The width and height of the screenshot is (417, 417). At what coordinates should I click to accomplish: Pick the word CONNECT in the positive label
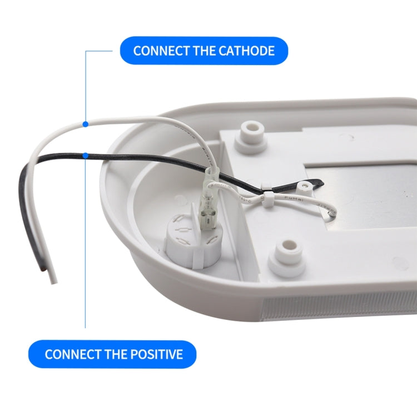click(73, 354)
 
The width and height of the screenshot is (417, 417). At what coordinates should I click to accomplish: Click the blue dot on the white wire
click(85, 123)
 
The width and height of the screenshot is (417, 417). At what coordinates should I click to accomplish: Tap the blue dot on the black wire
click(85, 156)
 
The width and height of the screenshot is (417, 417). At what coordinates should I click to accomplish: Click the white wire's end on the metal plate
click(331, 211)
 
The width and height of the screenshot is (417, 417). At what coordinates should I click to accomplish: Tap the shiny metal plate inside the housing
click(361, 189)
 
